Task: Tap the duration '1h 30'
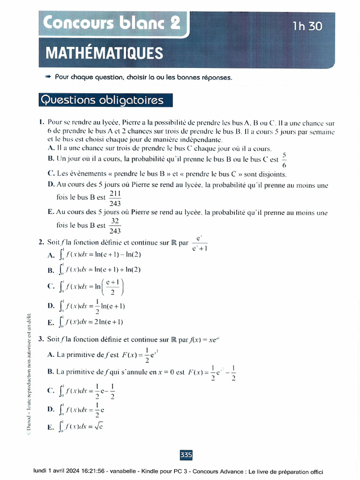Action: tap(307, 26)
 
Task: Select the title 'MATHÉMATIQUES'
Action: tap(104, 53)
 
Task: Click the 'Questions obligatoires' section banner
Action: tap(102, 100)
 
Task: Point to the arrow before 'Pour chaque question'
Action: tap(47, 77)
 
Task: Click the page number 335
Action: tap(186, 455)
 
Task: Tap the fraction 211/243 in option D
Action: tap(114, 198)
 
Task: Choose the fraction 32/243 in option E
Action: tap(114, 226)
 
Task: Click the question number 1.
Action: tap(42, 123)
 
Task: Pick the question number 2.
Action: tap(41, 242)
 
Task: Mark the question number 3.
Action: tap(41, 338)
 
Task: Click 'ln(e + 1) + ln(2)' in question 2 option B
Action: tap(117, 270)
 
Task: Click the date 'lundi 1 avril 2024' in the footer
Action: tap(61, 472)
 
